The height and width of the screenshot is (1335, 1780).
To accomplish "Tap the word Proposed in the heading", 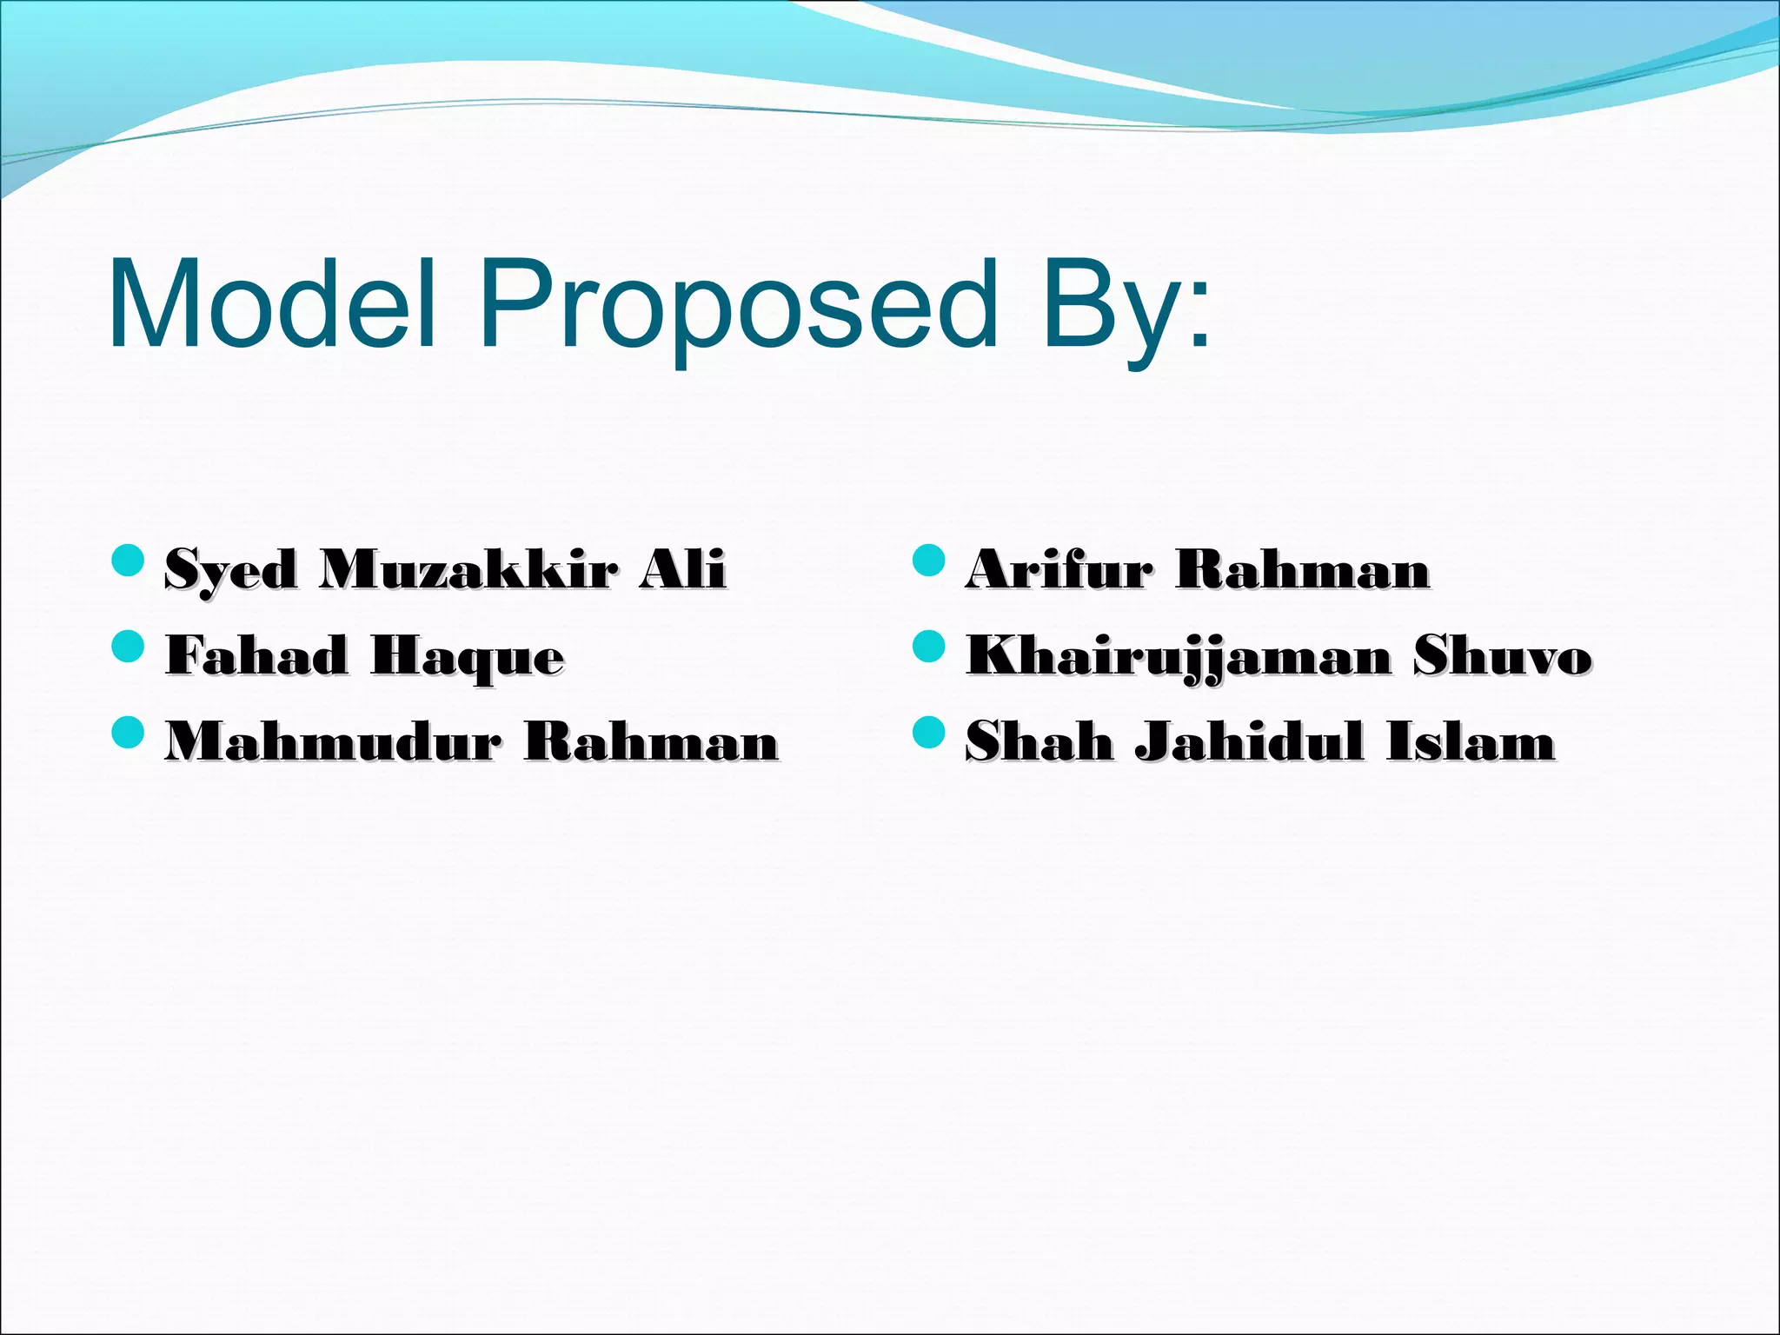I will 738,309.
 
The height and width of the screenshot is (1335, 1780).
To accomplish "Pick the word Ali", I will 681,569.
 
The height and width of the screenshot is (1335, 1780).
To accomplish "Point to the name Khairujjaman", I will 1179,656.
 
